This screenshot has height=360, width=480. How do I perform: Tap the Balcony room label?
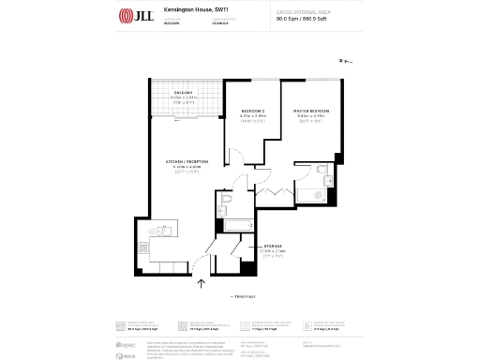coord(184,93)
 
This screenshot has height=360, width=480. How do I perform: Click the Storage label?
coord(274,246)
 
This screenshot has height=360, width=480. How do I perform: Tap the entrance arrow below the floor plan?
coord(198,278)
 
